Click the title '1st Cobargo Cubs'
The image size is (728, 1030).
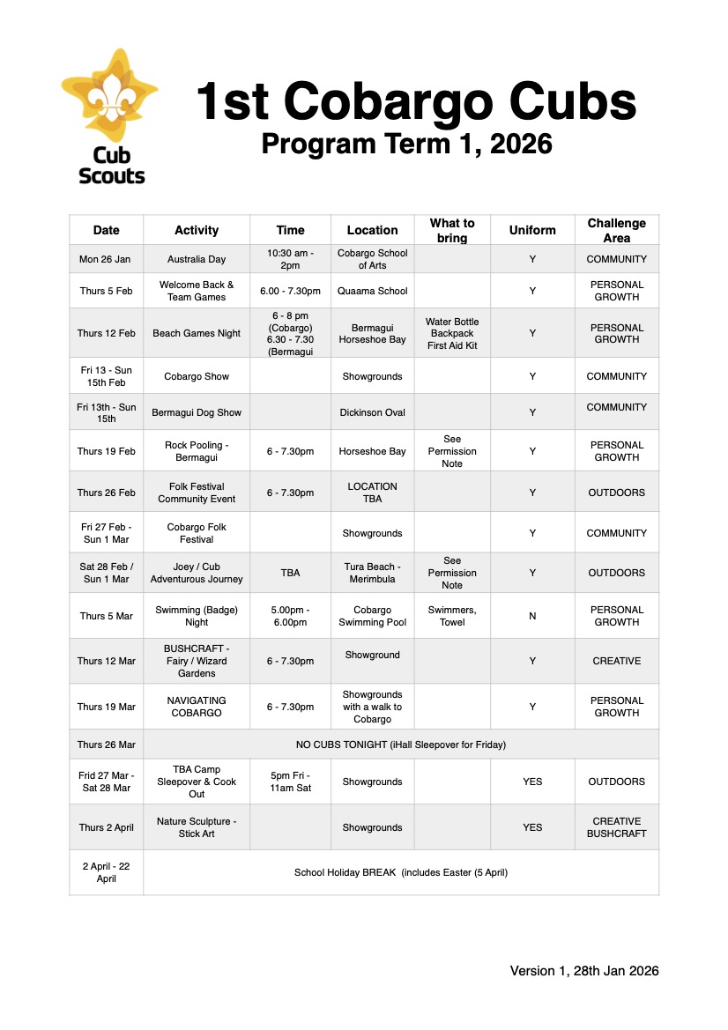(x=415, y=102)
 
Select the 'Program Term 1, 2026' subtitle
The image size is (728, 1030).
(x=406, y=143)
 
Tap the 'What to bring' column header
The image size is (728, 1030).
(x=452, y=230)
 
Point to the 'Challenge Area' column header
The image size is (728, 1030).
(x=616, y=230)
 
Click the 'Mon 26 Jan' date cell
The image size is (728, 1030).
(x=106, y=259)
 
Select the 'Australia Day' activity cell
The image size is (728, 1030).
(x=197, y=259)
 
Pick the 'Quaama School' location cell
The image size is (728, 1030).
(x=372, y=291)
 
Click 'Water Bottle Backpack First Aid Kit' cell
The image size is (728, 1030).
(x=452, y=333)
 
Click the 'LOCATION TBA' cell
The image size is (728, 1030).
(x=372, y=493)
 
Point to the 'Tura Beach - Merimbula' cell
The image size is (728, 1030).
(x=372, y=573)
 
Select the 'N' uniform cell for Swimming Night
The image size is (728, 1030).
(x=532, y=616)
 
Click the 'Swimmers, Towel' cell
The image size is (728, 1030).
(x=452, y=616)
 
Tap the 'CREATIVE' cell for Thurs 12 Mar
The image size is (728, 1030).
(x=616, y=661)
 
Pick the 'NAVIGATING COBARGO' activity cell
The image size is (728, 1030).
(x=197, y=707)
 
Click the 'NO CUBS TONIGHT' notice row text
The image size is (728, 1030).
(x=401, y=745)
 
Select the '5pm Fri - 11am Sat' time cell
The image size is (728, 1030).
(x=290, y=782)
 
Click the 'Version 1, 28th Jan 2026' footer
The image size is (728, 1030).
(x=584, y=971)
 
